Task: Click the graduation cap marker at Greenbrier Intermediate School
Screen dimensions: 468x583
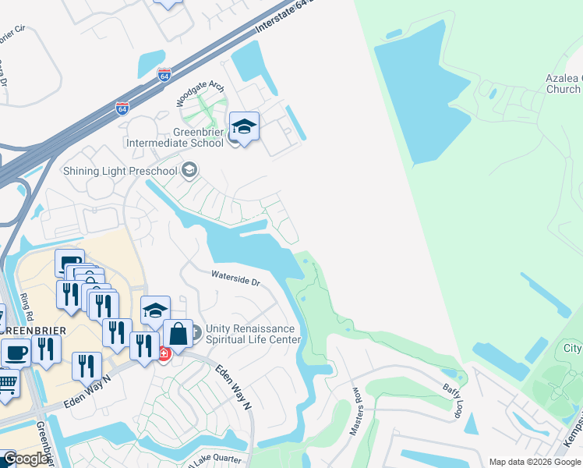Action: point(245,128)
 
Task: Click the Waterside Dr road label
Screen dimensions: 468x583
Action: point(235,277)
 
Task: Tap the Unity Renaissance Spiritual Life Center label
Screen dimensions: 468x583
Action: point(253,334)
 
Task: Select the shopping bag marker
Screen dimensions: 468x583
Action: point(178,333)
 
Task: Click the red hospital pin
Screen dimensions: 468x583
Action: point(164,353)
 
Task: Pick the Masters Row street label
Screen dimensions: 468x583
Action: point(358,409)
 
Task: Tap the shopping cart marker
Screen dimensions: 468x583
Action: point(7,384)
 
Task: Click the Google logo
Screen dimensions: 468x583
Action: point(26,459)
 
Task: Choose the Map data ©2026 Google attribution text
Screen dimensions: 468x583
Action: point(535,462)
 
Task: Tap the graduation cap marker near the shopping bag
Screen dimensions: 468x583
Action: point(155,310)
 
